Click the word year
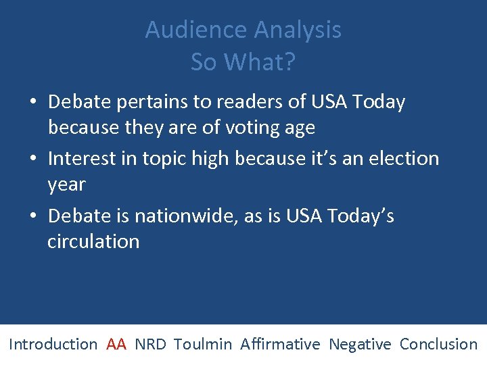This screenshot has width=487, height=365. (x=66, y=185)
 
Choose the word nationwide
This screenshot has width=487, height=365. (x=182, y=216)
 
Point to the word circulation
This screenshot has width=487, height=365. (x=93, y=242)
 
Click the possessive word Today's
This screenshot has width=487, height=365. (x=360, y=216)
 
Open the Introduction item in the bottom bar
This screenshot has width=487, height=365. (x=53, y=344)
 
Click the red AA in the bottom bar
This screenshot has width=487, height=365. (x=116, y=344)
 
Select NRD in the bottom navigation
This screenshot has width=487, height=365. (x=150, y=344)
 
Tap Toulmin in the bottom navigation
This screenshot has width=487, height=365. (x=202, y=344)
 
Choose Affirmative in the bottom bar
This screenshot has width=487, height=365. (x=280, y=344)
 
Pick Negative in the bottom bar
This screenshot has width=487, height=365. (x=360, y=344)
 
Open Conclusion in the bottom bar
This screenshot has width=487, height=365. (x=438, y=344)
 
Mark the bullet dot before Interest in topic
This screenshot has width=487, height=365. (x=33, y=160)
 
